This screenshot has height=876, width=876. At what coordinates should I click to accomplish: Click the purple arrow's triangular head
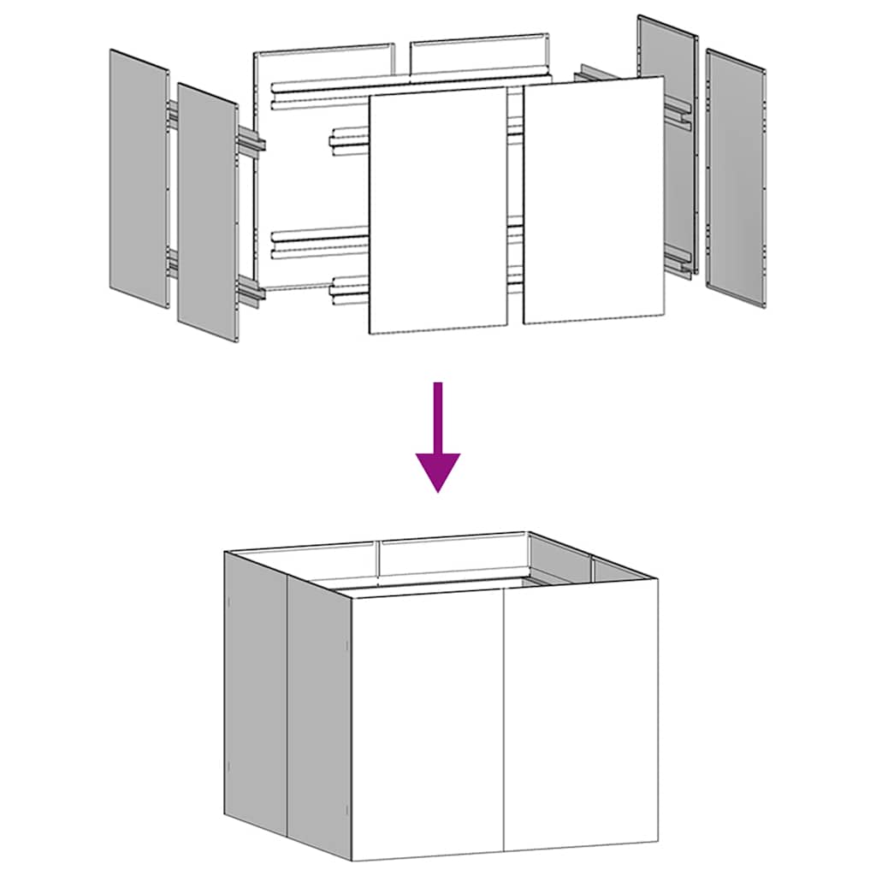(x=438, y=469)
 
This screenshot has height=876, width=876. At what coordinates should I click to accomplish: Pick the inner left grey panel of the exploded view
(x=207, y=213)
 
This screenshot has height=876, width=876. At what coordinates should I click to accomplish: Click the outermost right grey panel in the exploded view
(x=737, y=177)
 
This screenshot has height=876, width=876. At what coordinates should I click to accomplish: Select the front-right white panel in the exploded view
(x=594, y=201)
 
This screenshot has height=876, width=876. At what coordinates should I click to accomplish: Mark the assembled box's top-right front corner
(x=658, y=579)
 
